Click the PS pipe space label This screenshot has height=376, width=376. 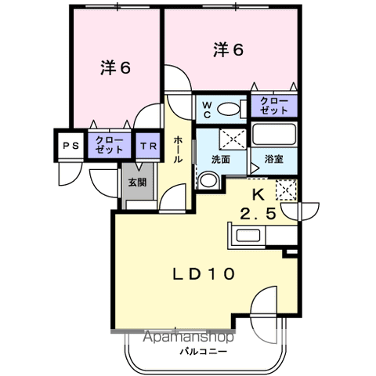(70, 146)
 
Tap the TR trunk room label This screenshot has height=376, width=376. (148, 146)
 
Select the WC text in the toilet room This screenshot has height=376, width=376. (207, 110)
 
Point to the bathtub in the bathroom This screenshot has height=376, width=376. (274, 135)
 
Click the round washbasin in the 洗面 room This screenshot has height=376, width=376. (208, 180)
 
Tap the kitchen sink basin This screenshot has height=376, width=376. (248, 235)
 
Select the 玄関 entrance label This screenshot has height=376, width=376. (137, 183)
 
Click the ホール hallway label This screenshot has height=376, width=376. (178, 149)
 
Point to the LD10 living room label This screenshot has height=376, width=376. (204, 274)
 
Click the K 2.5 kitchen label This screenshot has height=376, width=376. (258, 204)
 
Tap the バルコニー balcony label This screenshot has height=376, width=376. (203, 351)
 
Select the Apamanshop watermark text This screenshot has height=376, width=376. (189, 337)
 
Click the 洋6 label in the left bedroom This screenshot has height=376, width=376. (115, 68)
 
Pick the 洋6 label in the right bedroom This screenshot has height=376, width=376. (229, 50)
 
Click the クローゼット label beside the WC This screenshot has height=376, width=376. (274, 106)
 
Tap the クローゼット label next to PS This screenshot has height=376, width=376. (109, 145)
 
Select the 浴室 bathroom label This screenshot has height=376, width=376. (274, 159)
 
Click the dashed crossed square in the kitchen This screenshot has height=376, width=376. (286, 190)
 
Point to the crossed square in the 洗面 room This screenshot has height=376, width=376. (233, 139)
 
